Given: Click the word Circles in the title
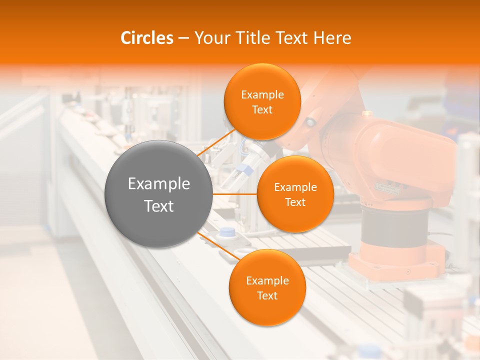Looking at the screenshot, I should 147,38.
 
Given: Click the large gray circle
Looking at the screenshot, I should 158,194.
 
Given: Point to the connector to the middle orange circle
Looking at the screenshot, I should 234,193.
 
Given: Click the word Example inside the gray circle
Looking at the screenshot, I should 158,184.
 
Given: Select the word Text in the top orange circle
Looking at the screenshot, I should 262,110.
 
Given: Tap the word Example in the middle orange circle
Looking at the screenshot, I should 295,187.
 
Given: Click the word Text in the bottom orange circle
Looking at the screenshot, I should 267,296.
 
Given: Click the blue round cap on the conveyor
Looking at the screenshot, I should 227,232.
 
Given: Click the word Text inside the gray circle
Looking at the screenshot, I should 158,206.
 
